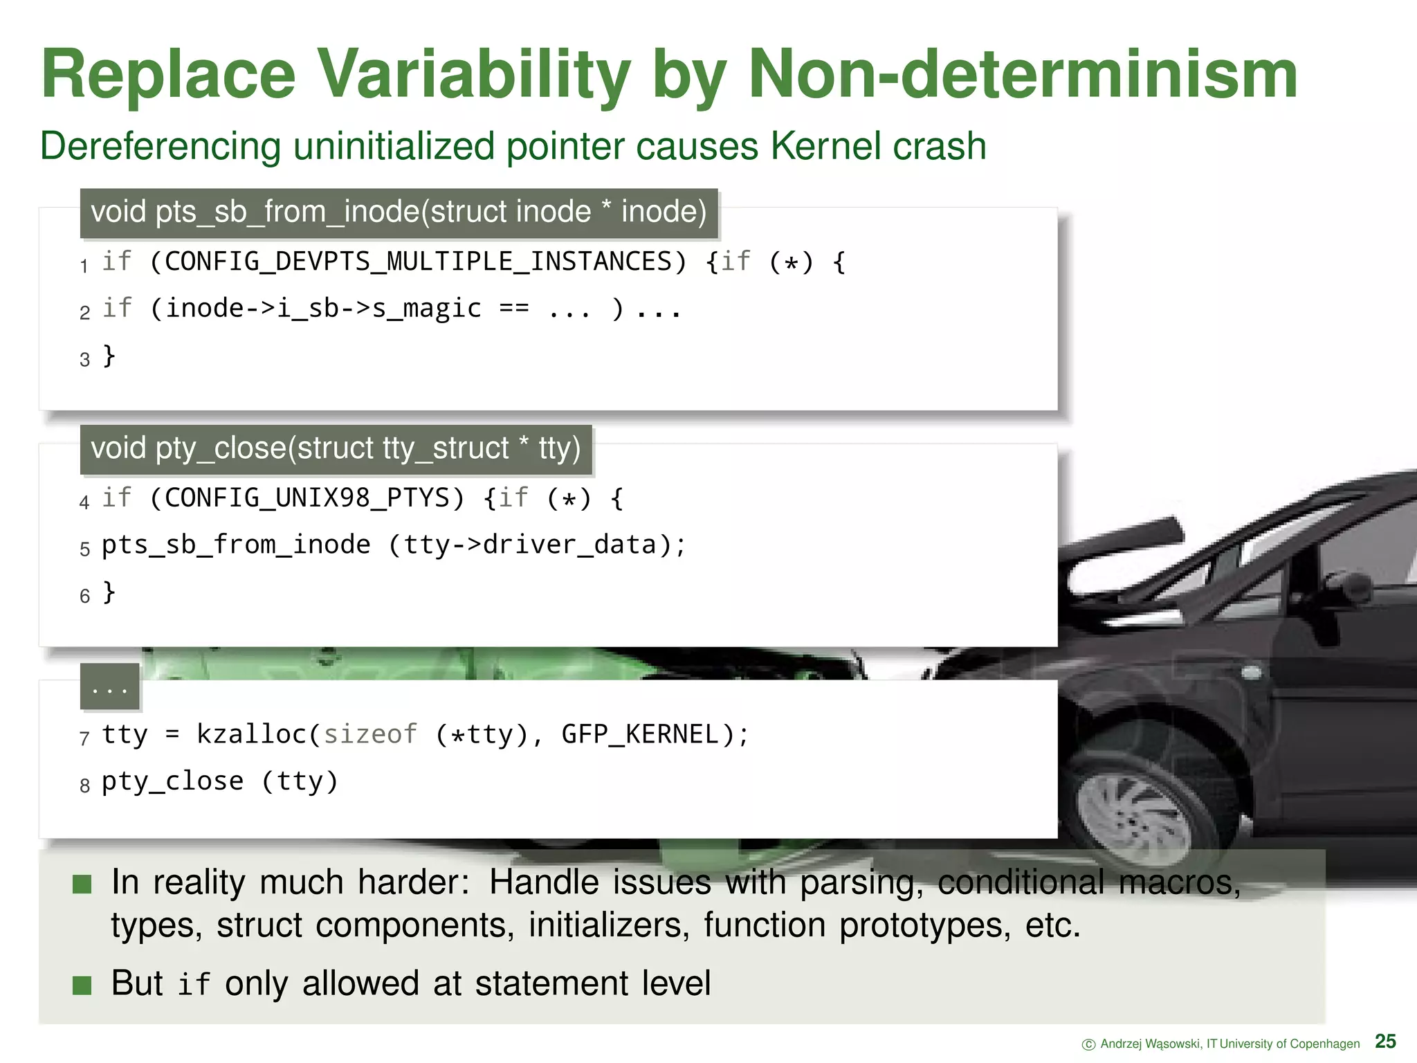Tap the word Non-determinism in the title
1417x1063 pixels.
[x=1023, y=75]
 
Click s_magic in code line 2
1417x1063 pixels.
[x=426, y=309]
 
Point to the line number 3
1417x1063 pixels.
[x=84, y=360]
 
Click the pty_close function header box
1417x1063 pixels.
[x=336, y=448]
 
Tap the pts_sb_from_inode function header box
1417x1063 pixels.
[x=399, y=212]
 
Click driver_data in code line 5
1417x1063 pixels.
[x=569, y=545]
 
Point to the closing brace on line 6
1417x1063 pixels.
[x=109, y=592]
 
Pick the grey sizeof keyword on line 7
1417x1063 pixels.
[x=370, y=734]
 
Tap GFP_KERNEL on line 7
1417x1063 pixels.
[x=640, y=734]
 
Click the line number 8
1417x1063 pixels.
[x=84, y=785]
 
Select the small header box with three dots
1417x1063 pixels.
[x=109, y=687]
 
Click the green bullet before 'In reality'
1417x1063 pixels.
[x=82, y=884]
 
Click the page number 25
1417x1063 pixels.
[x=1385, y=1041]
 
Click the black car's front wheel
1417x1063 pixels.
[x=1135, y=810]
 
